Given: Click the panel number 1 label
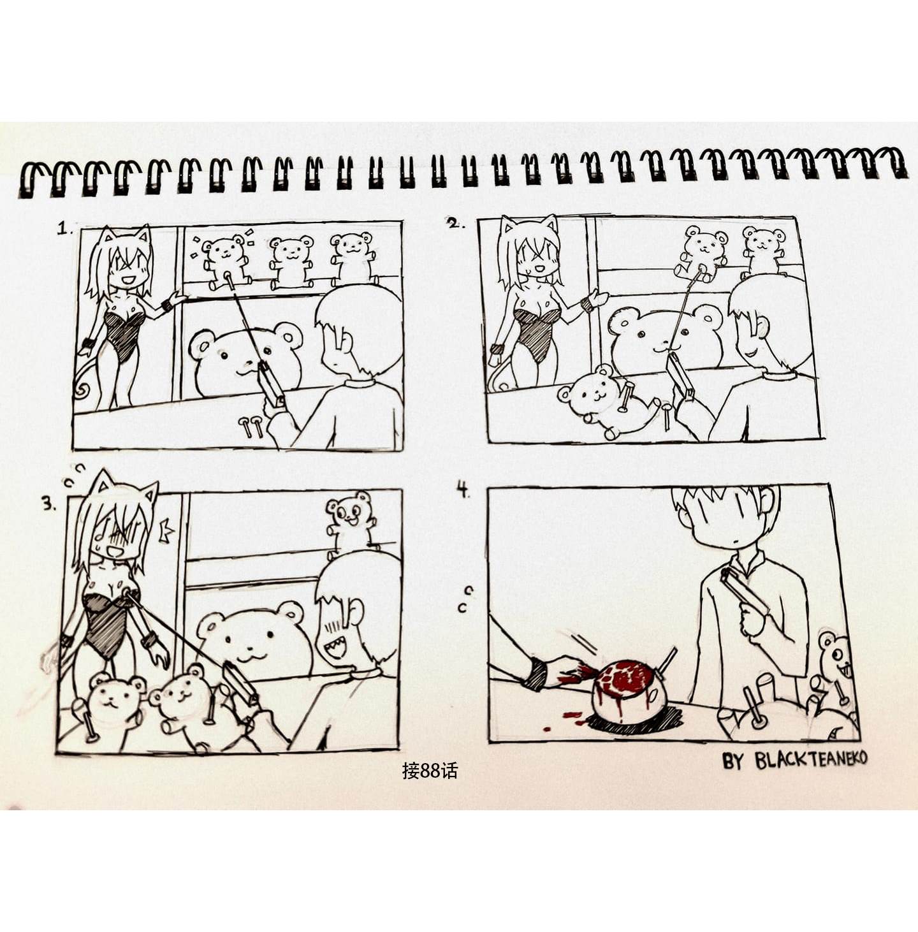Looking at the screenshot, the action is click(65, 228).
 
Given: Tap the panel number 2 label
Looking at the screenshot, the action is click(455, 223).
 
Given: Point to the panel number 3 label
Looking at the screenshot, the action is click(49, 504).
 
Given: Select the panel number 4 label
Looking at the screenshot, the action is click(464, 490).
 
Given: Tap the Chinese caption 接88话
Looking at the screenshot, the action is click(430, 771).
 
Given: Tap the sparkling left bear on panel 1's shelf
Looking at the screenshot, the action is click(225, 261).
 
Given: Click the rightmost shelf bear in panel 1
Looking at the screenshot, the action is click(353, 258).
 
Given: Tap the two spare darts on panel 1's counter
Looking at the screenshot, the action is click(252, 426).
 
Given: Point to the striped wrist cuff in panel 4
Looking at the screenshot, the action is click(535, 674).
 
